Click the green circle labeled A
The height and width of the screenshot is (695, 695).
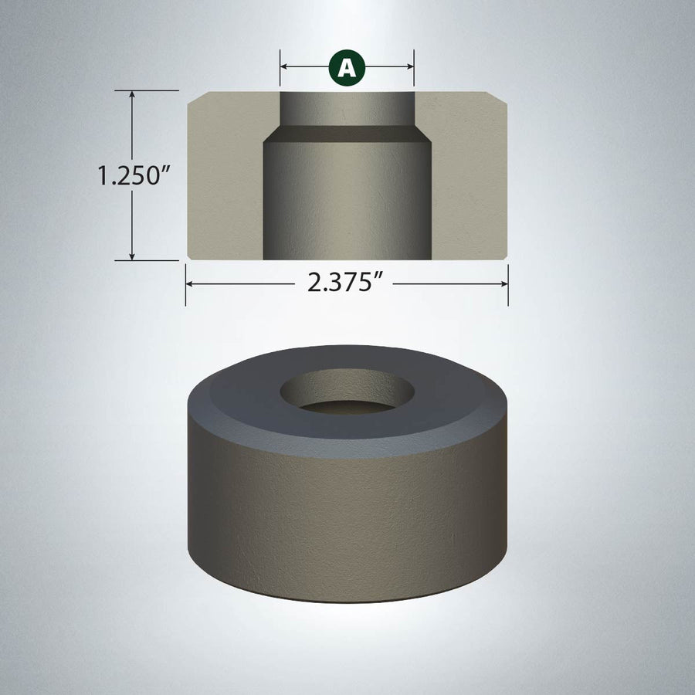click(347, 67)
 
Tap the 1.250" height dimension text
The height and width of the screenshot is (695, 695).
click(134, 175)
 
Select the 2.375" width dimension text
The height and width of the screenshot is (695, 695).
click(344, 283)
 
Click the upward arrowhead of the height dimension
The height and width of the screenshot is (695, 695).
click(131, 94)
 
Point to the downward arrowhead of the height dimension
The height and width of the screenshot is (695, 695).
click(131, 256)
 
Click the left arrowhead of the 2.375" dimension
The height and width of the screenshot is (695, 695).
click(189, 283)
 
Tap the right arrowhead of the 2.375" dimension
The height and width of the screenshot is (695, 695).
click(504, 283)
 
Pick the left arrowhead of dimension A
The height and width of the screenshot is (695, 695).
click(284, 67)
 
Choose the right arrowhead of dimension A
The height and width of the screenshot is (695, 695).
click(410, 67)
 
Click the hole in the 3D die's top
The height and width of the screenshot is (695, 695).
click(347, 392)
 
